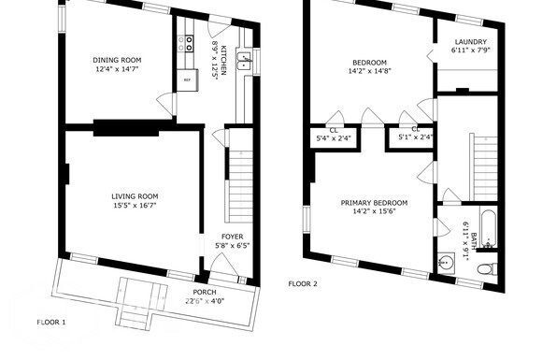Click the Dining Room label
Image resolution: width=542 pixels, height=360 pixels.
116,60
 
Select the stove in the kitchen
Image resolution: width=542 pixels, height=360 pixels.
187,41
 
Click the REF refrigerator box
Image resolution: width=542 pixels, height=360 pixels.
187,80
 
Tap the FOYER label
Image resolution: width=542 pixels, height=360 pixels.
231,236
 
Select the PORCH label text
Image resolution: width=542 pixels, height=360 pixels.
204,292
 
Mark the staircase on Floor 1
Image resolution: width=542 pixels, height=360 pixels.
237,178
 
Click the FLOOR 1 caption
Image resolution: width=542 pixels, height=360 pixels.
51,322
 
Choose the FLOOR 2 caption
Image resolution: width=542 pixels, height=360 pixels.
302,283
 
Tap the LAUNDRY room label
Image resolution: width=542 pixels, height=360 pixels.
471,42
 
